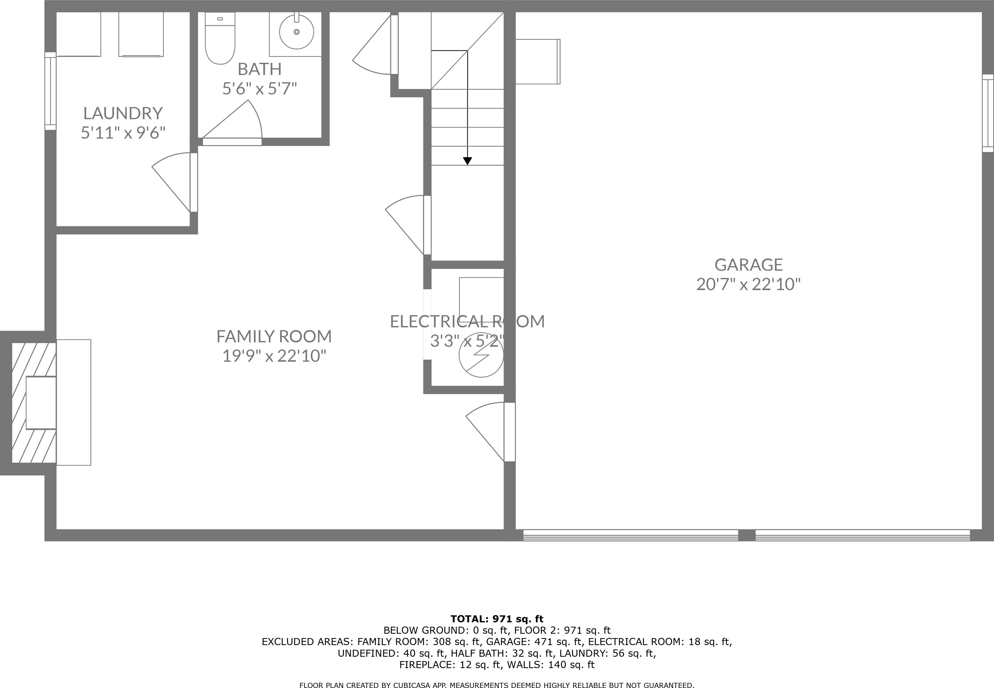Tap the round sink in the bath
click(297, 32)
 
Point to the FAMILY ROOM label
click(274, 336)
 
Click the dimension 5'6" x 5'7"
click(260, 89)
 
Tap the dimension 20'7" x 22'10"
click(748, 284)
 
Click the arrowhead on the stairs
click(467, 161)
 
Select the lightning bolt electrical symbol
click(481, 356)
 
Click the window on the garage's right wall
click(988, 113)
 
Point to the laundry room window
click(50, 91)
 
